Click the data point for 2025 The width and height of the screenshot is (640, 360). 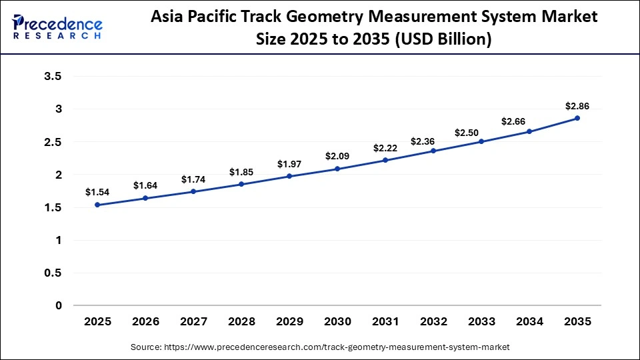point(97,205)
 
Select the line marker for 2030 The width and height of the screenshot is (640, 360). point(337,169)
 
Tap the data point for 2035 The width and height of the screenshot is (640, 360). point(577,118)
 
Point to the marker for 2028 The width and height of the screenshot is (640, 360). point(241,184)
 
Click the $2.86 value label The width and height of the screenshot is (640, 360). point(577,106)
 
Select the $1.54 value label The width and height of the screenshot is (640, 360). point(97,192)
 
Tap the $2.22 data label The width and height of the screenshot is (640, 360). point(385,147)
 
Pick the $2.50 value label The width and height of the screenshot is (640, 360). point(481,133)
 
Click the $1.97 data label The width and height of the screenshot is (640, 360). point(289,164)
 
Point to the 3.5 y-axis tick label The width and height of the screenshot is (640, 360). point(53,77)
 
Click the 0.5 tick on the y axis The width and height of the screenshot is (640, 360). point(53,273)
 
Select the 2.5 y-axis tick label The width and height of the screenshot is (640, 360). point(53,142)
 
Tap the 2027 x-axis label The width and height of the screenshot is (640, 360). point(193,321)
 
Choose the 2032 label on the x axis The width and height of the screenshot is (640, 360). point(433,321)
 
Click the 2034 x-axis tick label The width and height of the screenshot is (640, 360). point(529,321)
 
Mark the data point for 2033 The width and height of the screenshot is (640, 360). point(481,141)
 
